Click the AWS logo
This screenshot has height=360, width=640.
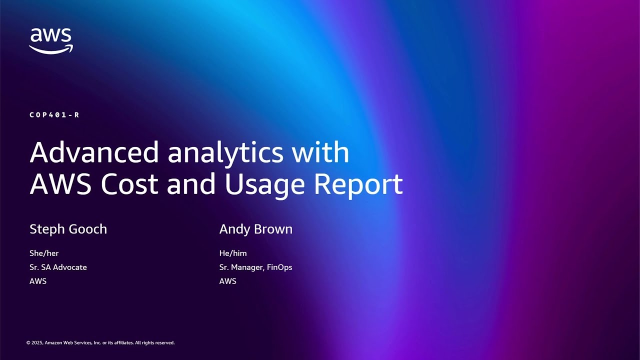tap(51, 40)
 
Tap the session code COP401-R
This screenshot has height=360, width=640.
tap(54, 115)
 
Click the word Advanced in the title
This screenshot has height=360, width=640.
tap(94, 152)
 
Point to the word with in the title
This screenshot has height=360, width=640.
tap(320, 152)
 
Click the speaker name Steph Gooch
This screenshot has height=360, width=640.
tap(68, 229)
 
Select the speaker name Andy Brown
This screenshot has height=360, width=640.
tap(255, 229)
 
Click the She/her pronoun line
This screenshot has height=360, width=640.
tap(44, 253)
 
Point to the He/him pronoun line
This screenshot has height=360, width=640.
tap(233, 253)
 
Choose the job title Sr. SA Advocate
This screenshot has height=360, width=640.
tap(58, 267)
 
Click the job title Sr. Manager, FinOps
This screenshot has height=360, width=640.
tap(255, 267)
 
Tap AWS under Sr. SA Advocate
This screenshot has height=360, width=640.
tap(38, 281)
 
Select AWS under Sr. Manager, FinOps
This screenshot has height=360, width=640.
tap(227, 281)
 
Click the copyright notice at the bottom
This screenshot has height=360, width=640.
tap(100, 343)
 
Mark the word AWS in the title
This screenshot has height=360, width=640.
tap(60, 184)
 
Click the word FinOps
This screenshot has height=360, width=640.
tap(279, 267)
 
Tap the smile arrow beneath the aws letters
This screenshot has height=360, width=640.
tap(51, 49)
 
